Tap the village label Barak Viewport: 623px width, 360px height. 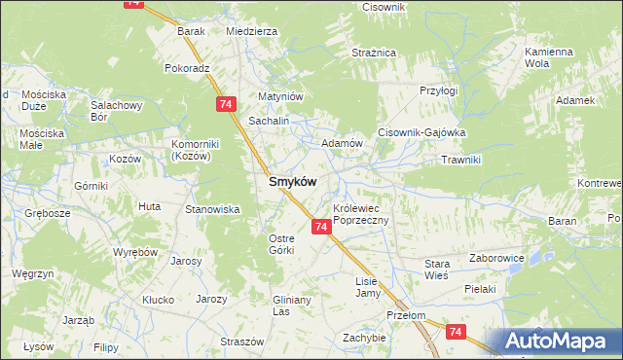pos(191,31)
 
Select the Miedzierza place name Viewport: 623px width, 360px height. pos(251,31)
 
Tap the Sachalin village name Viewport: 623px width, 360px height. pos(270,121)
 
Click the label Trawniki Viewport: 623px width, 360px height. pos(462,159)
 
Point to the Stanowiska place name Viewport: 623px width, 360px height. pos(212,209)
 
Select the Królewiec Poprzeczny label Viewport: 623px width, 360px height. pos(361,215)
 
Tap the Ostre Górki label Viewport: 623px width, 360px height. pos(281,244)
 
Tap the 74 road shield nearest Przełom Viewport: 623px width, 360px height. pos(456,332)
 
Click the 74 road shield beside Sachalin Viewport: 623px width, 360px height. pos(226,103)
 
